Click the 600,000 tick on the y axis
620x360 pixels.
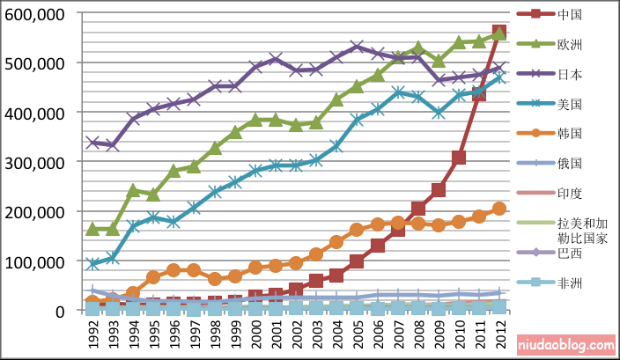point(35,15)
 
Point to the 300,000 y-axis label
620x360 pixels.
point(35,163)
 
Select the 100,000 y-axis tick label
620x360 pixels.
point(35,262)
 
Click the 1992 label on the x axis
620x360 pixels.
point(92,335)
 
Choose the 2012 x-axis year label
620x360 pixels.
point(499,335)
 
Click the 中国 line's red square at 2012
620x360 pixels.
point(499,33)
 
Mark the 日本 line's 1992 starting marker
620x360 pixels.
point(92,142)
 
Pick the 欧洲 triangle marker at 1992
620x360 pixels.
point(92,229)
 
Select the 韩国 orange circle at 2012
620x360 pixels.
point(499,209)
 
